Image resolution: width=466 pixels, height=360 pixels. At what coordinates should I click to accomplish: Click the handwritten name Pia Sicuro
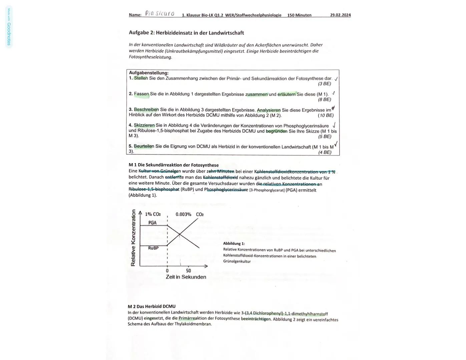click(159, 14)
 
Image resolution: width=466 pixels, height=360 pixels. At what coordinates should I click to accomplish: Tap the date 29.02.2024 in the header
click(340, 15)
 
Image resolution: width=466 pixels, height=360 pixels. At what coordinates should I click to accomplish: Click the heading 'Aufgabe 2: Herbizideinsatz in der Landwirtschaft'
click(186, 33)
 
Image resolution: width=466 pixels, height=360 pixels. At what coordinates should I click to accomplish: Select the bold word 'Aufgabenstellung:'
click(148, 73)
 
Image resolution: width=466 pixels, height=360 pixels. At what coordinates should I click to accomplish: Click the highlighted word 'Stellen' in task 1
click(141, 78)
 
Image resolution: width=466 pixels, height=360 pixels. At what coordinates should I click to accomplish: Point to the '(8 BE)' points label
click(324, 99)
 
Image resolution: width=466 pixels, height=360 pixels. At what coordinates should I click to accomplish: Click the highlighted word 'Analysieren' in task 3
click(269, 110)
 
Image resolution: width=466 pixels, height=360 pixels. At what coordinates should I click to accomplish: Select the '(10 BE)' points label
click(326, 115)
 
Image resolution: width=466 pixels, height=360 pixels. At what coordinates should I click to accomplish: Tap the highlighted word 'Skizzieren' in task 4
click(144, 125)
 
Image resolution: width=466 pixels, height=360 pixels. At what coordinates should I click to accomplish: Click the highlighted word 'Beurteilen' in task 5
click(144, 146)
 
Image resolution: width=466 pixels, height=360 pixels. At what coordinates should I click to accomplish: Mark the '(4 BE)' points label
click(325, 152)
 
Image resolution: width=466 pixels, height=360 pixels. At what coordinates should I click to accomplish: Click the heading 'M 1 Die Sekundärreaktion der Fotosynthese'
click(173, 165)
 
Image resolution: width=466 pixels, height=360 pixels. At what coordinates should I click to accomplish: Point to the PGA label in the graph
click(152, 222)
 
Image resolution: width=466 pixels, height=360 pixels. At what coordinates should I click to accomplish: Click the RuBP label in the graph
click(153, 248)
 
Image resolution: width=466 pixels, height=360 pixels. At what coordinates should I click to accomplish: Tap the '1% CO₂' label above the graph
click(153, 214)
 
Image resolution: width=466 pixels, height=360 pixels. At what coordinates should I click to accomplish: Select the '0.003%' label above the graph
click(183, 214)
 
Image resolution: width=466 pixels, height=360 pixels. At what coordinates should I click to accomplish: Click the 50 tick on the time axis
click(188, 271)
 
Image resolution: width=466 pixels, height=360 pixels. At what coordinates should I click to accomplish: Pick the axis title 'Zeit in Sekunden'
click(186, 277)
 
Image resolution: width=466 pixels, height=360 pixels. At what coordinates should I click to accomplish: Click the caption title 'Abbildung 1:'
click(234, 244)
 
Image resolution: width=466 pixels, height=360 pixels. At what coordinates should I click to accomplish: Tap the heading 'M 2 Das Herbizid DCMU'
click(151, 306)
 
